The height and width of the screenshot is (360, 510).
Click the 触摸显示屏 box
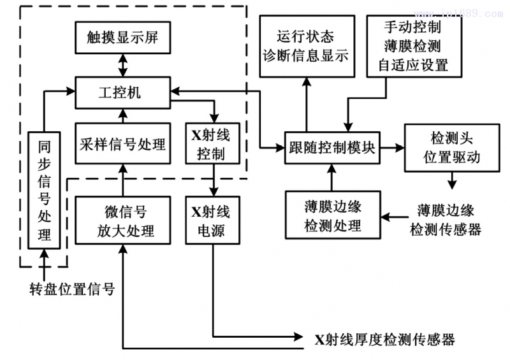122,37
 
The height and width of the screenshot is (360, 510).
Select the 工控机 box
122,93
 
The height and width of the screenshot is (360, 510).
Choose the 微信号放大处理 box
123,220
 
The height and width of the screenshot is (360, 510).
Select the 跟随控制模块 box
331,147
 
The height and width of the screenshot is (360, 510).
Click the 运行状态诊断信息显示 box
305,46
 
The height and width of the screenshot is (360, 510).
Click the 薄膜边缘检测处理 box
332,215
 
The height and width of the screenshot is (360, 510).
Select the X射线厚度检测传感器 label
385,339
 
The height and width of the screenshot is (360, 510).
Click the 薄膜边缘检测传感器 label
446,219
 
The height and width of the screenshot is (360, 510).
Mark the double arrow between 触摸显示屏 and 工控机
122,64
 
